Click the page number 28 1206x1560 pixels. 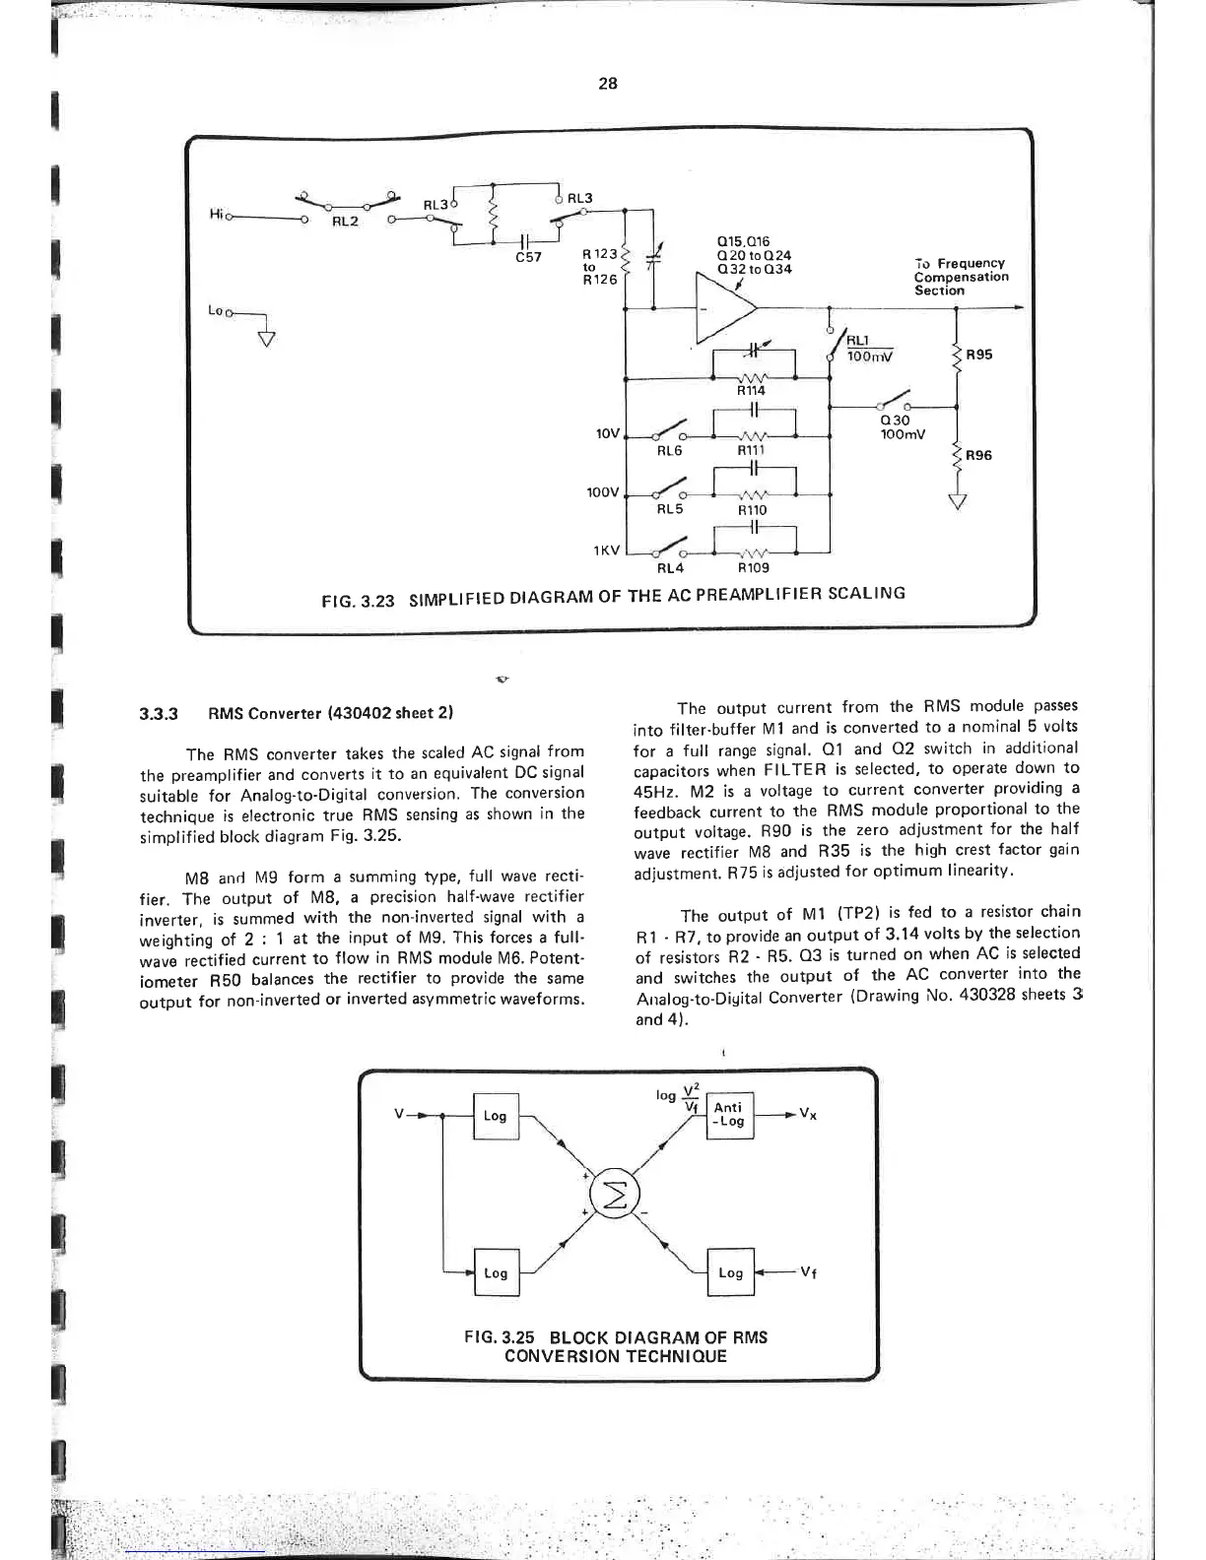point(607,84)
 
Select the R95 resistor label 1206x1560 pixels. point(979,356)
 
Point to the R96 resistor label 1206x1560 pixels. point(979,456)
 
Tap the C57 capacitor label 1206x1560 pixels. point(529,259)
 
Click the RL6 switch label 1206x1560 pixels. point(670,450)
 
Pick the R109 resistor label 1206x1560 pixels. point(754,568)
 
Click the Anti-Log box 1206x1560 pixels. point(730,1115)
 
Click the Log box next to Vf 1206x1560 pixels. point(730,1273)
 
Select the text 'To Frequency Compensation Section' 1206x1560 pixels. point(961,277)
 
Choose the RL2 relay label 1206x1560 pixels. point(345,222)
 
